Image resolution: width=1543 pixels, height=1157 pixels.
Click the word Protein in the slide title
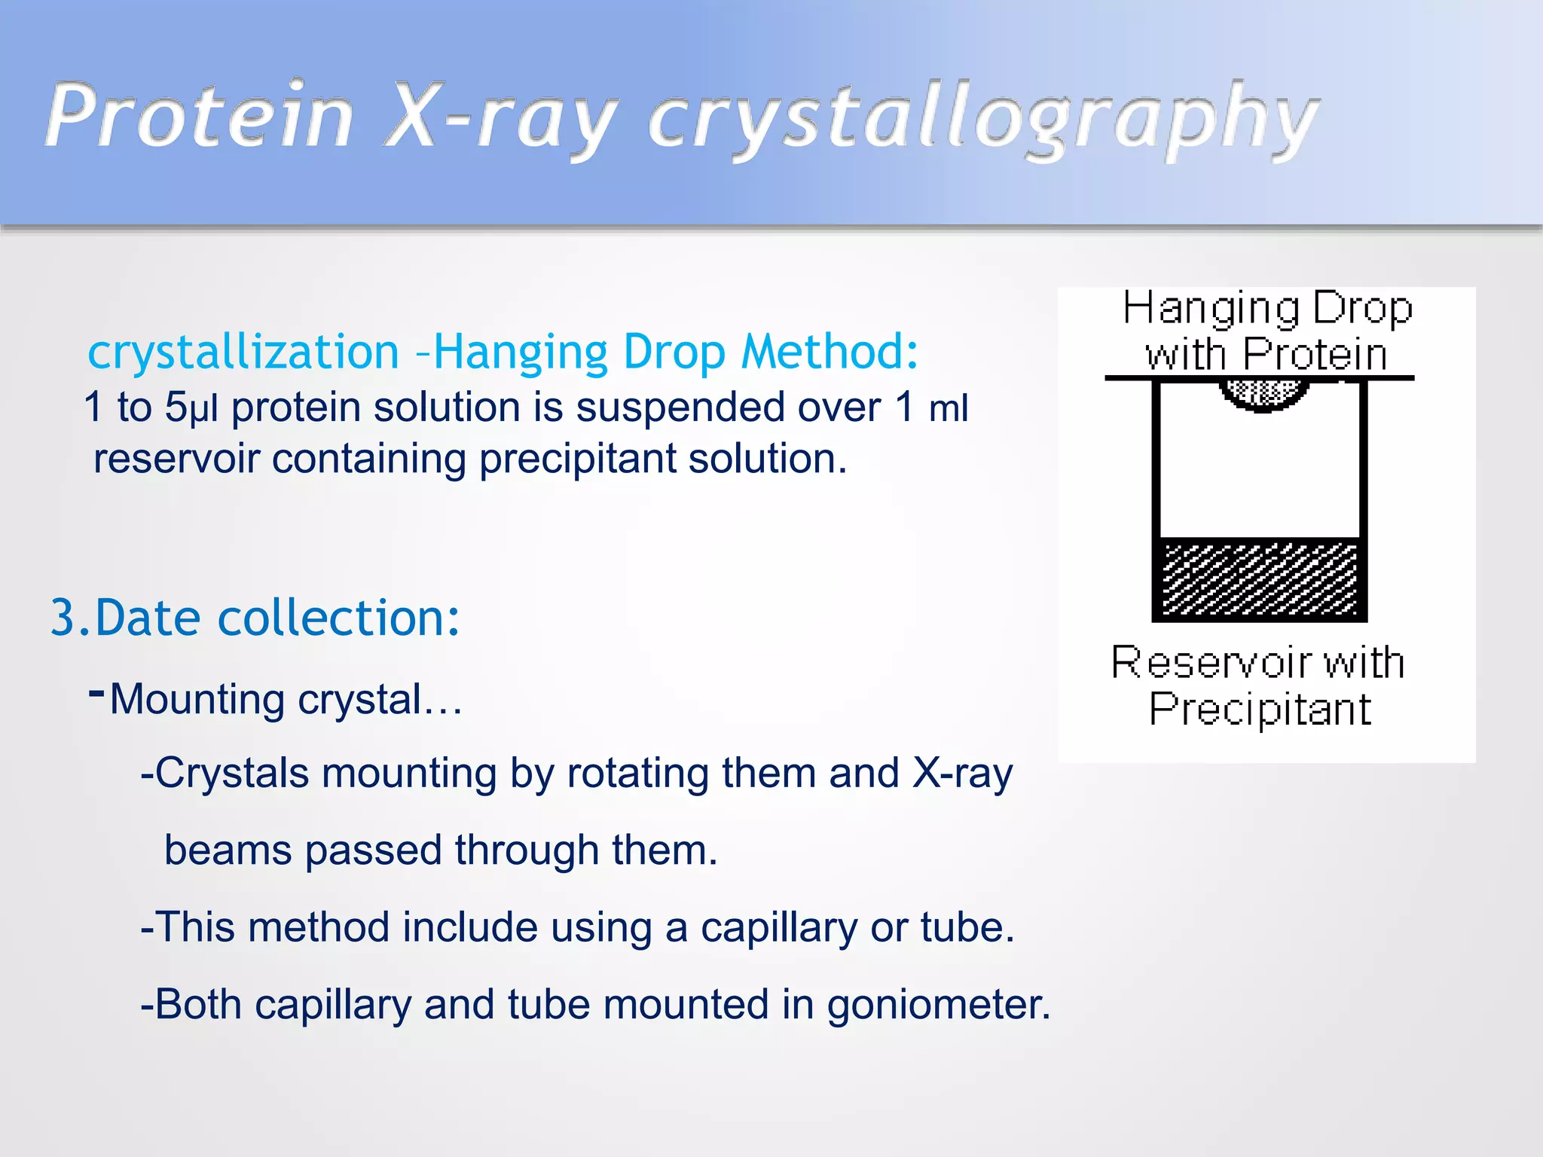(200, 117)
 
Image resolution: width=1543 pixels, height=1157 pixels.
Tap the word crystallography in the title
(983, 121)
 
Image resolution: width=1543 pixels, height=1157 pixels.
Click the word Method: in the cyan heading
(829, 353)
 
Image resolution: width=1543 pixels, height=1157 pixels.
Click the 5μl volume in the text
(191, 408)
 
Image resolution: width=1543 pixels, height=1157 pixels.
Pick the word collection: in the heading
(338, 618)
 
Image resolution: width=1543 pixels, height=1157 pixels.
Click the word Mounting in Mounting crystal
(199, 700)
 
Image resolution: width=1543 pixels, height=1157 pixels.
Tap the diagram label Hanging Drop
(1267, 309)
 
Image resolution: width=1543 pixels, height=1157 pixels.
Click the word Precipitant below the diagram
(1260, 710)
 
